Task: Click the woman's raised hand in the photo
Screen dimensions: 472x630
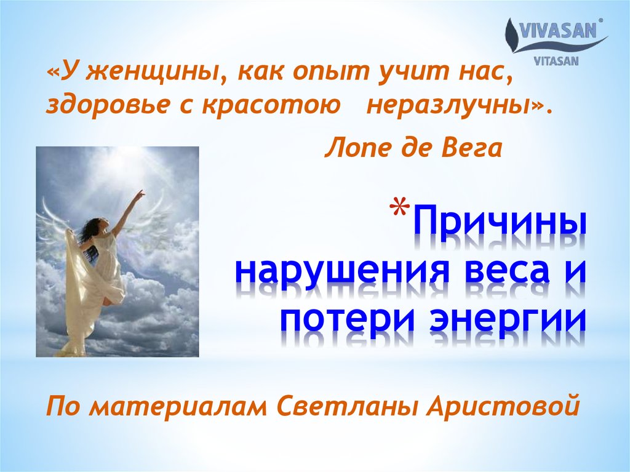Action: point(141,194)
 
